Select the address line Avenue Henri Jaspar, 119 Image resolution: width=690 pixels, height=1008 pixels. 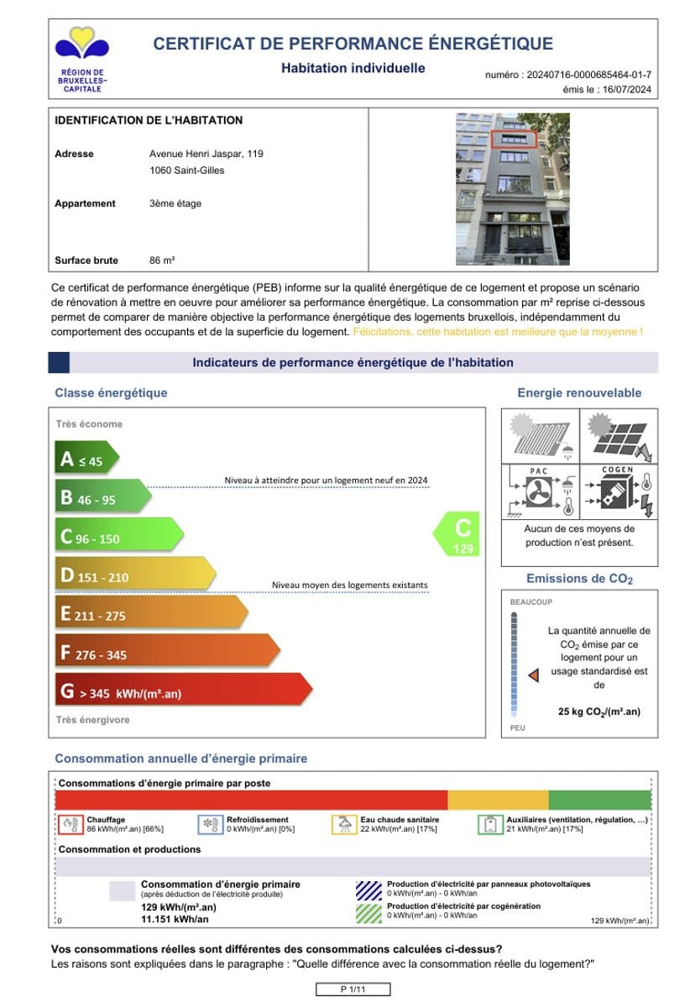click(206, 154)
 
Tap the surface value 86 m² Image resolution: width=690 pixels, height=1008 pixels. click(162, 260)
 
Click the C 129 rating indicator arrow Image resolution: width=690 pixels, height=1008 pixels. click(458, 534)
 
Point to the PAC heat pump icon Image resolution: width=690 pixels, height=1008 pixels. click(539, 492)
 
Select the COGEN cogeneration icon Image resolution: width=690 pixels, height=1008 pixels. click(618, 492)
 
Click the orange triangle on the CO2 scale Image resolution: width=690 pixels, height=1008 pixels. click(532, 675)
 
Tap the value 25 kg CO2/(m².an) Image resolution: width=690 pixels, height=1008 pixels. click(599, 711)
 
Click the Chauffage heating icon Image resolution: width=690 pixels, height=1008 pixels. click(70, 824)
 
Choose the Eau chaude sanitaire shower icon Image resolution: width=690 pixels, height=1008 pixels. click(343, 824)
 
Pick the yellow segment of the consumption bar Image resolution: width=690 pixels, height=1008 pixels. click(498, 800)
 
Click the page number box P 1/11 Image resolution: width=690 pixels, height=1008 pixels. click(353, 990)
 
